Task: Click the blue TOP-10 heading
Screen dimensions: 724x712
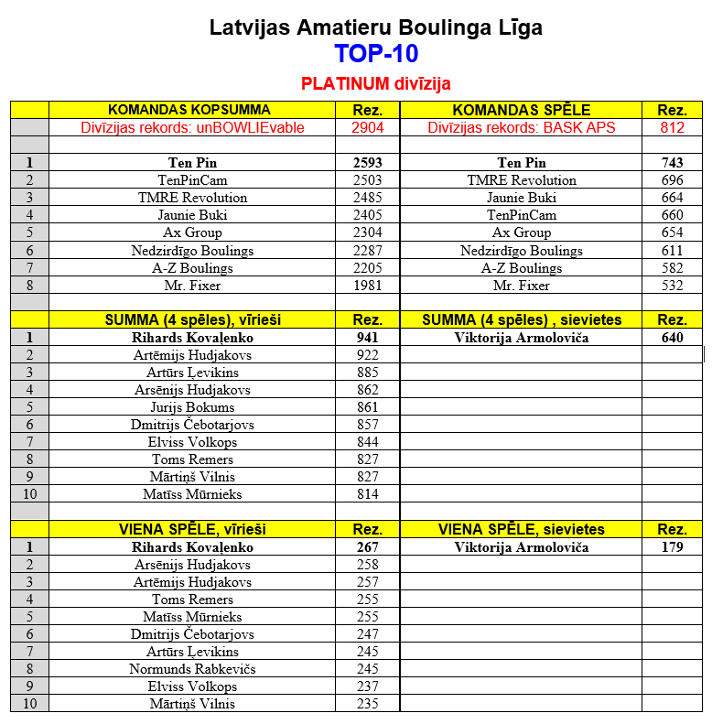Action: point(375,54)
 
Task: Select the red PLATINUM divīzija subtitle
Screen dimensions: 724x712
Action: point(375,83)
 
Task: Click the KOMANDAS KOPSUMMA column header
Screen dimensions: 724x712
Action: point(189,110)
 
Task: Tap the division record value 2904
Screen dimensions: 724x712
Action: point(367,127)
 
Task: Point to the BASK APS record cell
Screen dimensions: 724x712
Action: point(521,127)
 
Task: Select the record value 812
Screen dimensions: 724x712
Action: point(672,127)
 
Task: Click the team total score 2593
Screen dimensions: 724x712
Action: point(367,163)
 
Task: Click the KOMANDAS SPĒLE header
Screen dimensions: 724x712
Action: point(521,110)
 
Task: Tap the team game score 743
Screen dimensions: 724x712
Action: point(672,163)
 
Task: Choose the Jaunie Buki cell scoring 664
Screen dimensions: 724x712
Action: point(521,198)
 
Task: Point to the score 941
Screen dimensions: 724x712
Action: point(367,338)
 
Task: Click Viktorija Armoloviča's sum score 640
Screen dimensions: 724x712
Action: point(672,338)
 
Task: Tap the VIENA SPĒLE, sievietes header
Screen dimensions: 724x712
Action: point(521,530)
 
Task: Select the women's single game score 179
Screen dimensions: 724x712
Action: point(672,547)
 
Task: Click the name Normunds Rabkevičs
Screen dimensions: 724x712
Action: point(192,669)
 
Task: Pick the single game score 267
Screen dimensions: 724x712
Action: point(367,547)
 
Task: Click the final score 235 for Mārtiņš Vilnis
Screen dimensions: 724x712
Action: point(367,704)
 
